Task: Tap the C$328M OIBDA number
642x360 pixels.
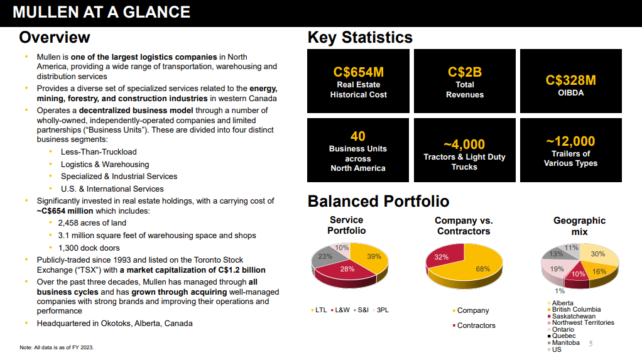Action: (x=570, y=80)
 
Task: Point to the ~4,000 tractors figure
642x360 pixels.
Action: (x=464, y=145)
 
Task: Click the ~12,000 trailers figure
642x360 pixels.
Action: (x=570, y=141)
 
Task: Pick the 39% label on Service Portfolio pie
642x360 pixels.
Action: (x=374, y=256)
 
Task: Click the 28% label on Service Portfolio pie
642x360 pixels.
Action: (x=348, y=269)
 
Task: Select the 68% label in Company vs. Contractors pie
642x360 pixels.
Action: (x=482, y=269)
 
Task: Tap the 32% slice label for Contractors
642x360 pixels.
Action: (x=441, y=257)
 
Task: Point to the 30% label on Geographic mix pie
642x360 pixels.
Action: (x=598, y=254)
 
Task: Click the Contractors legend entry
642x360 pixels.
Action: (x=476, y=325)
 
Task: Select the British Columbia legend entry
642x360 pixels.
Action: (x=576, y=309)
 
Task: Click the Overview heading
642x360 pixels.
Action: (x=55, y=38)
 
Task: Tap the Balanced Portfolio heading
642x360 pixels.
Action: (x=378, y=201)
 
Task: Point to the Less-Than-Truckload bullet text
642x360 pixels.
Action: (x=99, y=152)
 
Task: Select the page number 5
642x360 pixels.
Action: (x=590, y=344)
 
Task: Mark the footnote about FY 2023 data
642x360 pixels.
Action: (x=57, y=347)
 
